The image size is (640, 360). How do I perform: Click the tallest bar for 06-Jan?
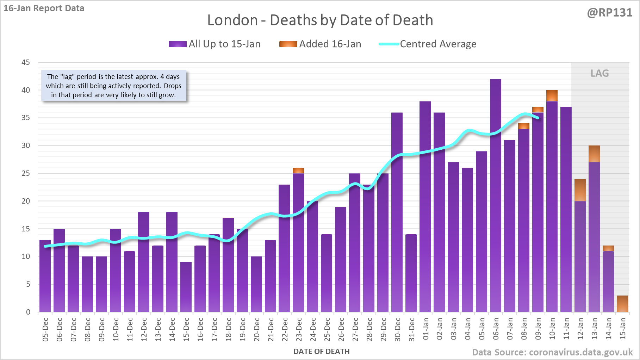(x=496, y=195)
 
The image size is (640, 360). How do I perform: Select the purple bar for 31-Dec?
(x=411, y=273)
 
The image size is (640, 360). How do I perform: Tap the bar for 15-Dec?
(x=186, y=287)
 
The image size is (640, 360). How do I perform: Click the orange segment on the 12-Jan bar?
(x=580, y=190)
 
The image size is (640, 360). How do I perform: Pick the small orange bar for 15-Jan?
(x=622, y=304)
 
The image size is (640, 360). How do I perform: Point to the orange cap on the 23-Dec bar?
(x=298, y=170)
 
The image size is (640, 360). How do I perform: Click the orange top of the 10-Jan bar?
(x=552, y=96)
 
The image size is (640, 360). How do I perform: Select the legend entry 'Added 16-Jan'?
(x=320, y=44)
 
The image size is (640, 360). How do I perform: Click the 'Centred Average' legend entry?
(x=428, y=44)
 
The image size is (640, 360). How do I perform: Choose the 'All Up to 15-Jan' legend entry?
(x=215, y=44)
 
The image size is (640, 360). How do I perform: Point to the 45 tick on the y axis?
(x=26, y=62)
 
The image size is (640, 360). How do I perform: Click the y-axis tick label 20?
(x=26, y=201)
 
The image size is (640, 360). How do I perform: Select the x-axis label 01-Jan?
(x=425, y=329)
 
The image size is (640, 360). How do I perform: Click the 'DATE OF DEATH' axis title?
(x=322, y=352)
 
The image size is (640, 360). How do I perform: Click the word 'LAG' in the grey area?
(x=599, y=73)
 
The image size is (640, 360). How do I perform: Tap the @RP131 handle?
(x=610, y=13)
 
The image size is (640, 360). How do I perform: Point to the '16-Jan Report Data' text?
(x=44, y=8)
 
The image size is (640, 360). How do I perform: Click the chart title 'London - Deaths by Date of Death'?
(x=320, y=20)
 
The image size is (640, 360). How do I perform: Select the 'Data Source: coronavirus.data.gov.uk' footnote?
(x=552, y=352)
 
